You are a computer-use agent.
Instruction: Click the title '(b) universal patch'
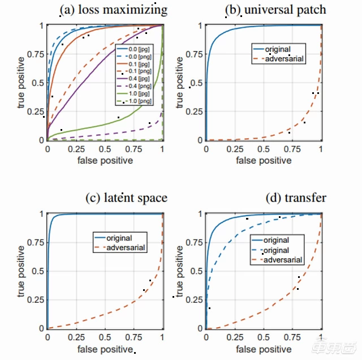[275, 10]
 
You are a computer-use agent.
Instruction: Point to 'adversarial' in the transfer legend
[283, 260]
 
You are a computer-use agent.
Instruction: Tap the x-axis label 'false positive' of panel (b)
[264, 161]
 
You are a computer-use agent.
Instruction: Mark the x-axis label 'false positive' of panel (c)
[105, 349]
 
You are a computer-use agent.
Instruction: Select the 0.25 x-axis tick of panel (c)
[76, 338]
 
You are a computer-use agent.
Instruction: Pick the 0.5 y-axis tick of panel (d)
[196, 271]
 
